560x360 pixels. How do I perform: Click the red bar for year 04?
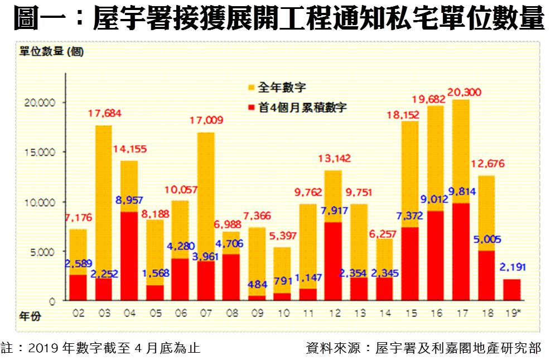point(129,256)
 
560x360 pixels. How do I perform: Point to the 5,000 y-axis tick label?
point(41,252)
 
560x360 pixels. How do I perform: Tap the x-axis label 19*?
point(513,314)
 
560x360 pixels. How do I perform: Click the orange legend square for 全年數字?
point(250,88)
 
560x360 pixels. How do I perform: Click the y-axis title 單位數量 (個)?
point(51,52)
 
